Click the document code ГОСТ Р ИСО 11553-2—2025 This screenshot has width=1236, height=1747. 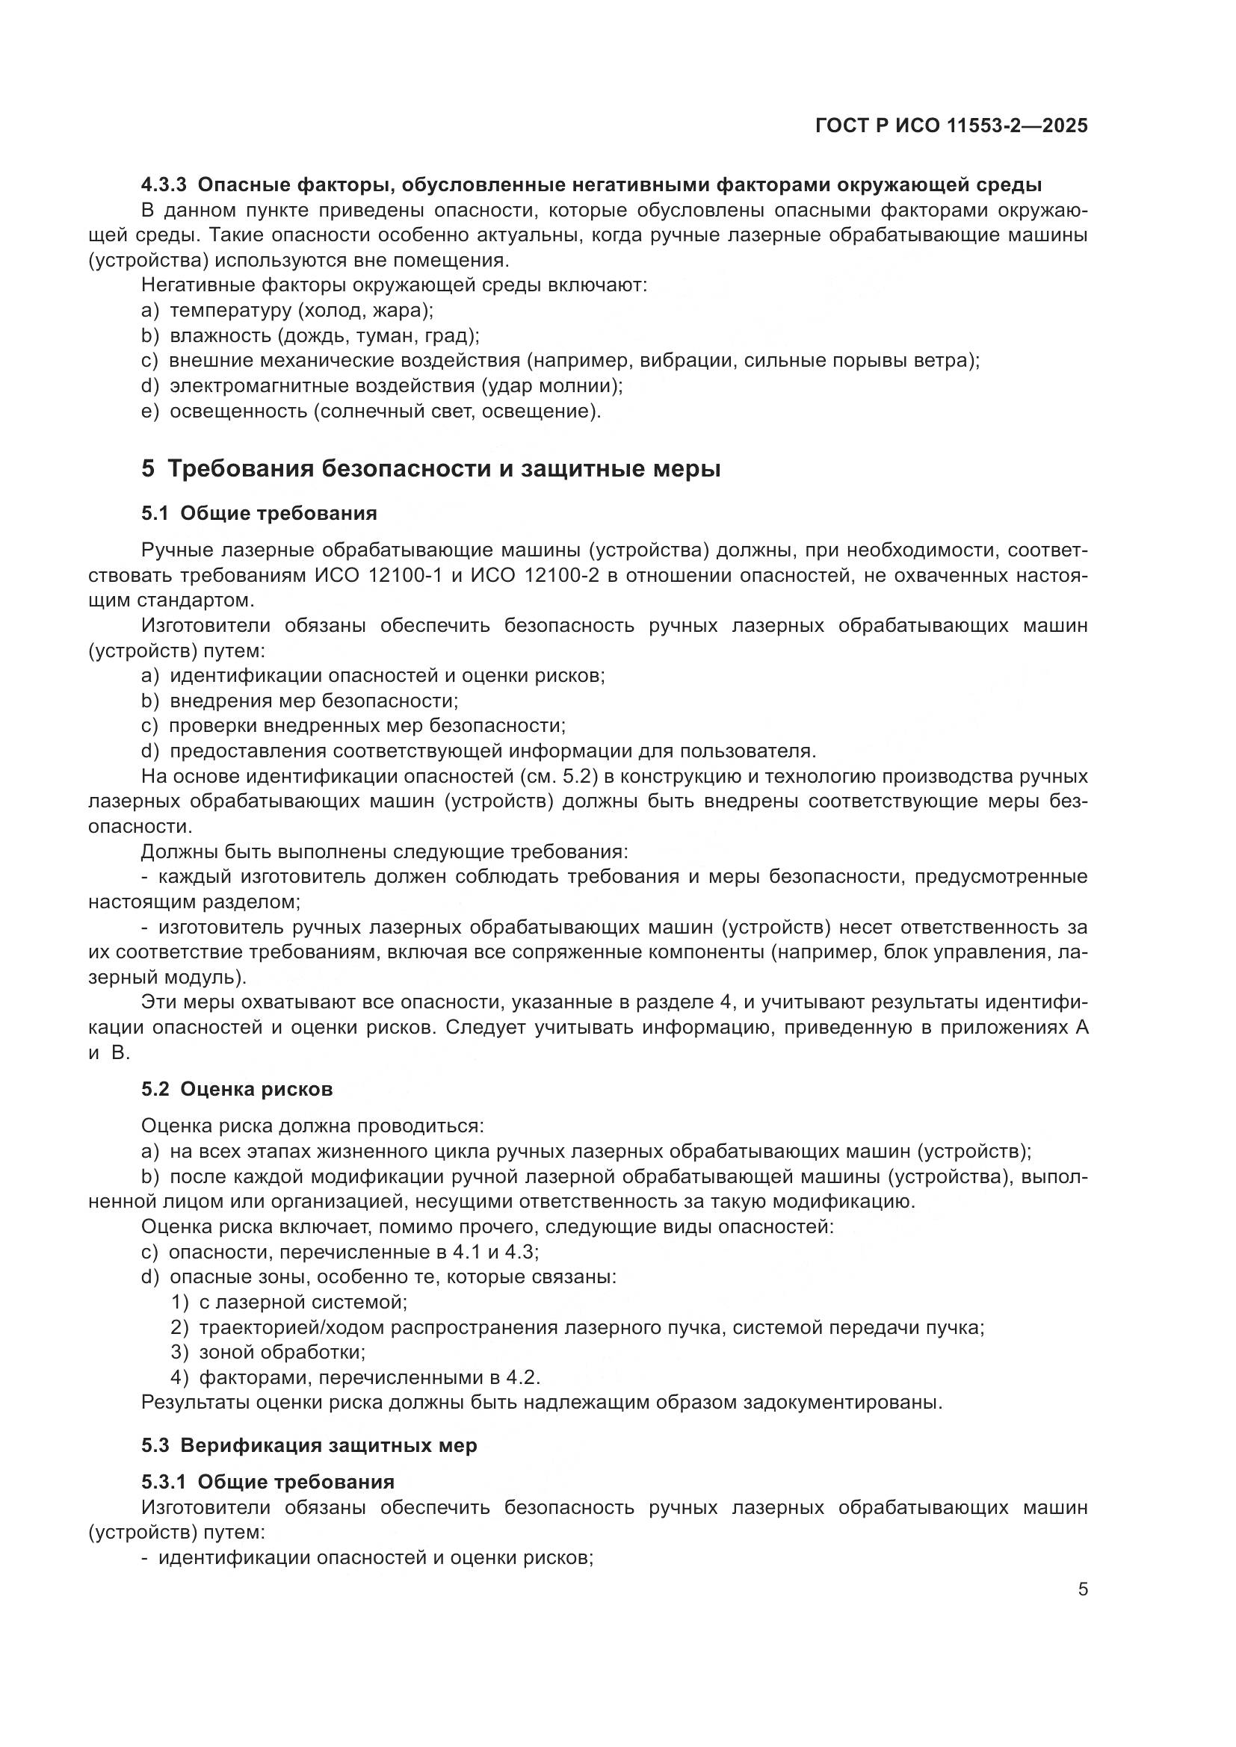951,126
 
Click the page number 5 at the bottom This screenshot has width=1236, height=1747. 1082,1589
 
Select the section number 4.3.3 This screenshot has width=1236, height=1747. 164,185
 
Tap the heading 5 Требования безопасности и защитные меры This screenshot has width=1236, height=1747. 430,469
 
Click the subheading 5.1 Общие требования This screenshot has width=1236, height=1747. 259,514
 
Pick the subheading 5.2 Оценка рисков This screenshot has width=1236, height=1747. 237,1090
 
